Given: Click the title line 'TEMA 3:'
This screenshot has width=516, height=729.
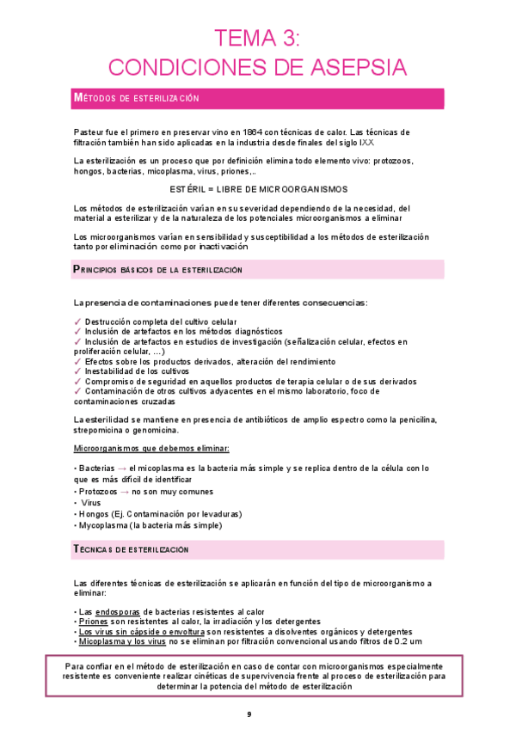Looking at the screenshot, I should (x=257, y=39).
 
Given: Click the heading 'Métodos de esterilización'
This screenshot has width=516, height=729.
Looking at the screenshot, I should (x=137, y=99).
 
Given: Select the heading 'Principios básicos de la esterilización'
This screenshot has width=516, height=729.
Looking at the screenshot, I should (x=158, y=270).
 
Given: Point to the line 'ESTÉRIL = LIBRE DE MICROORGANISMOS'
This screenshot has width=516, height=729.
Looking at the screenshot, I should (x=257, y=189).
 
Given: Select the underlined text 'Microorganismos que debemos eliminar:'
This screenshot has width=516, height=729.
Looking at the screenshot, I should (x=151, y=449).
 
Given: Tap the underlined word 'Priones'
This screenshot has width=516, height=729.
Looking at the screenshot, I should (x=92, y=621).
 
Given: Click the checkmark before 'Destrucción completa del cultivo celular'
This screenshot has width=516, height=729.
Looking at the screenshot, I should (x=78, y=322).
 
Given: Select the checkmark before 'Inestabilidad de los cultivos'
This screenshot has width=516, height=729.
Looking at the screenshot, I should (x=78, y=371).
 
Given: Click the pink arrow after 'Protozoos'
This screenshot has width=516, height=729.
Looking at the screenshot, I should (x=125, y=492).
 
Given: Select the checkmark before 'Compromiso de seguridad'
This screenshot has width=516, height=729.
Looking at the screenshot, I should (x=78, y=381).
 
